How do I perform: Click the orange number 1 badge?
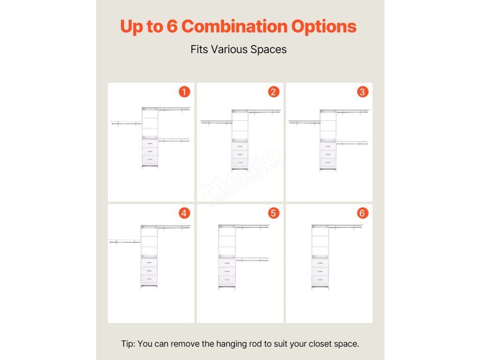pos(184,92)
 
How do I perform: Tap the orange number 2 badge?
pos(274,92)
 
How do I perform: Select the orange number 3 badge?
pos(363,92)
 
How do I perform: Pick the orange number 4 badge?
pos(184,213)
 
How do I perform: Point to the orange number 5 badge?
pos(274,213)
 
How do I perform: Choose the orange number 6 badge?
pos(363,213)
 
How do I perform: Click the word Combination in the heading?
pos(234,26)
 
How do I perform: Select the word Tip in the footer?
pos(128,344)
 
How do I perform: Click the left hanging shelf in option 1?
pos(126,123)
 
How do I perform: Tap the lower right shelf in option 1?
pos(174,140)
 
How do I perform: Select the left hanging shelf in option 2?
pos(216,122)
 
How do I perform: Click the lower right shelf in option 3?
pos(352,142)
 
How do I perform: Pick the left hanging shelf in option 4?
pos(124,241)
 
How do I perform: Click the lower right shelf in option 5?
pos(252,259)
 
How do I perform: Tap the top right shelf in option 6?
pos(346,226)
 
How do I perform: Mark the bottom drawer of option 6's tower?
pos(320,279)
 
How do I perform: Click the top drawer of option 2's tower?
pos(240,146)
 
